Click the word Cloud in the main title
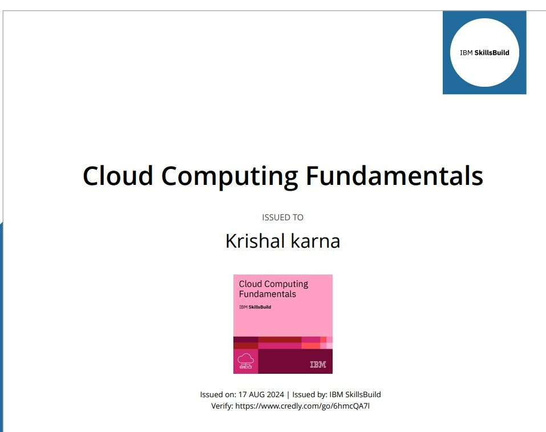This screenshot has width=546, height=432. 118,176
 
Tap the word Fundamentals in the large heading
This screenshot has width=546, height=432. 395,176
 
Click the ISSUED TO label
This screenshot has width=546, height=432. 282,217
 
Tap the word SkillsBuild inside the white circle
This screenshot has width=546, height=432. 492,53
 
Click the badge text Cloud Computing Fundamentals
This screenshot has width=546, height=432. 273,289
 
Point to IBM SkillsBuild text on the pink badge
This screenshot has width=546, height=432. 255,307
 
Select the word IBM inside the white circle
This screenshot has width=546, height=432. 466,53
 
